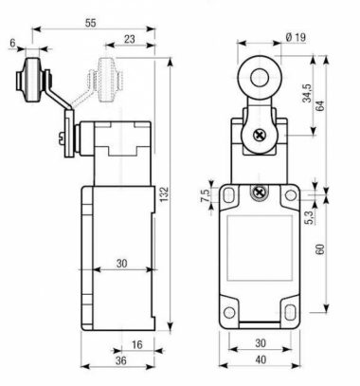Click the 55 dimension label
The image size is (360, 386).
pyautogui.click(x=90, y=23)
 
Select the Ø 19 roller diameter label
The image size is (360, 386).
pyautogui.click(x=296, y=37)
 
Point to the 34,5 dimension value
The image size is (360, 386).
pyautogui.click(x=307, y=93)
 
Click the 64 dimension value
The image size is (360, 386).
pyautogui.click(x=320, y=105)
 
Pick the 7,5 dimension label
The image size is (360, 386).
pyautogui.click(x=205, y=195)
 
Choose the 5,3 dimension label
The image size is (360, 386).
pyautogui.click(x=310, y=217)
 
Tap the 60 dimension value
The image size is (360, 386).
pyautogui.click(x=320, y=249)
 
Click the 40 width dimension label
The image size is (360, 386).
pyautogui.click(x=261, y=359)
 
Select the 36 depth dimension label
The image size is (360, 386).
pyautogui.click(x=120, y=360)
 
